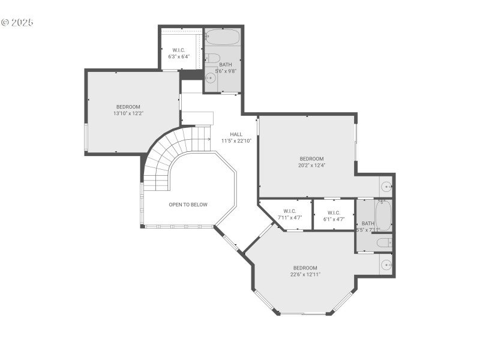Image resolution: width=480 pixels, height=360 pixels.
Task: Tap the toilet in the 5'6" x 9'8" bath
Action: (x=211, y=58)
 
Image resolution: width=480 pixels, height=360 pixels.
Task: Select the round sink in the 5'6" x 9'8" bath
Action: (x=210, y=78)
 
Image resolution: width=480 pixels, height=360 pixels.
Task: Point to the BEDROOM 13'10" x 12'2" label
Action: (x=128, y=110)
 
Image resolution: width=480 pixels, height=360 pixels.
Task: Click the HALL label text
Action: (x=236, y=134)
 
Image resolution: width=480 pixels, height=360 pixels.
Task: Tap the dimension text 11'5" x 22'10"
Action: (x=236, y=141)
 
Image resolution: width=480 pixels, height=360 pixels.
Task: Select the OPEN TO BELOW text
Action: (x=188, y=205)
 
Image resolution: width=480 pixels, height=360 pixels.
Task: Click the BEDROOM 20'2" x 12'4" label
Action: (x=311, y=162)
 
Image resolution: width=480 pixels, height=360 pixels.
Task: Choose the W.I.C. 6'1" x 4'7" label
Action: (x=334, y=214)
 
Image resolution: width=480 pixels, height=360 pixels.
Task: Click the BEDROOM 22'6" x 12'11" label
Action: (x=305, y=271)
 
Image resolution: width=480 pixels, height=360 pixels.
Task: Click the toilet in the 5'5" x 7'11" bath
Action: (x=383, y=242)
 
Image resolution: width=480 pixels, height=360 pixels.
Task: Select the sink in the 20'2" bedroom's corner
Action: (x=386, y=186)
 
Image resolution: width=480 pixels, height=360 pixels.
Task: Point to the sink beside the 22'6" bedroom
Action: (x=385, y=264)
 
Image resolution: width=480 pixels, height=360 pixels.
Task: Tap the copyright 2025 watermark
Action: (x=17, y=22)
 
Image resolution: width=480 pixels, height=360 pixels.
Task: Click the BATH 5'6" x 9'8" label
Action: (x=226, y=67)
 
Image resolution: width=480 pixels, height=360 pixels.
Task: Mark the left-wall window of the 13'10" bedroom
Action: (x=86, y=137)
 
